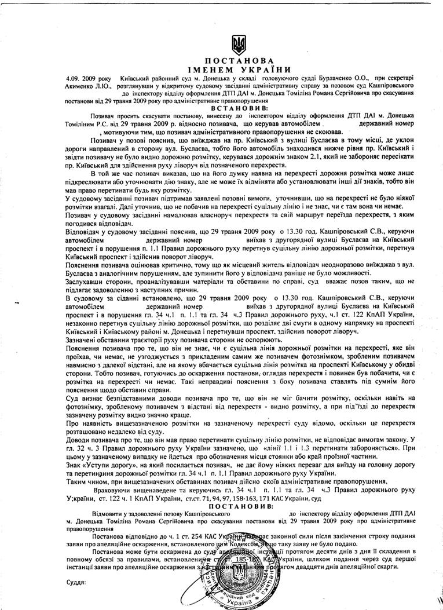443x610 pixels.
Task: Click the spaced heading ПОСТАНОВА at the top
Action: tap(238, 61)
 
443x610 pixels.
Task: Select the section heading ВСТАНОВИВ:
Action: tap(239, 108)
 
